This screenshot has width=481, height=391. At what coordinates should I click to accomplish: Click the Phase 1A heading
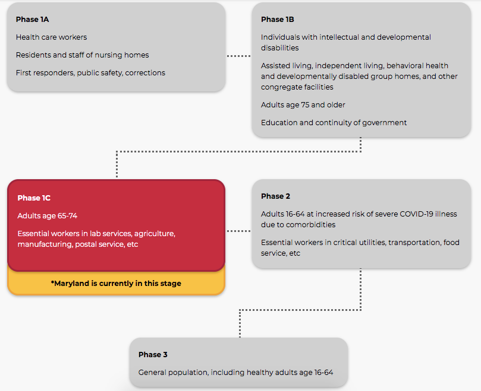tap(32, 20)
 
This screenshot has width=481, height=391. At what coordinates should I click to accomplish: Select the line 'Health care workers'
tap(51, 37)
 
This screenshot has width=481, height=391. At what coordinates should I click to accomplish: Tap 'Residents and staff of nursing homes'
tap(82, 55)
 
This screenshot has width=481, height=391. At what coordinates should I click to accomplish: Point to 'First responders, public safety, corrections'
tap(90, 73)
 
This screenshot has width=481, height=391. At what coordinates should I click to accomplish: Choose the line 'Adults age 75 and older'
tap(303, 105)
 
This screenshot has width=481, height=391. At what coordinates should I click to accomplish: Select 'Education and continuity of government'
tap(334, 123)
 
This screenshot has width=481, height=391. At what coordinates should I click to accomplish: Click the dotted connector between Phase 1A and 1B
tap(239, 56)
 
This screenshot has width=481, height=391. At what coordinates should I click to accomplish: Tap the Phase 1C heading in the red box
tap(34, 198)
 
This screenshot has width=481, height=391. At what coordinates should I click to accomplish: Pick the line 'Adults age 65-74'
tap(47, 216)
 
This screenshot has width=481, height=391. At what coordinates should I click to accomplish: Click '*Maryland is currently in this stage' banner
tap(116, 284)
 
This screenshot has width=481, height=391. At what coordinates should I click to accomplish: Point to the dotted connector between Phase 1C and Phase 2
tap(239, 231)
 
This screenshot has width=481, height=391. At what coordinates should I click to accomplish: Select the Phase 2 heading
tap(275, 196)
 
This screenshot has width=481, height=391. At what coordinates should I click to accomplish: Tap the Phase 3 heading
tap(153, 355)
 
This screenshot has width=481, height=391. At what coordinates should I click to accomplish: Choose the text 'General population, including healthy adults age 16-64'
tap(235, 373)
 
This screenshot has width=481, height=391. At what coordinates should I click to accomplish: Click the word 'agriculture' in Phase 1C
tap(155, 234)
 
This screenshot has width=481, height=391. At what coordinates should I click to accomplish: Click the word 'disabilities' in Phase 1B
tap(279, 47)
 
